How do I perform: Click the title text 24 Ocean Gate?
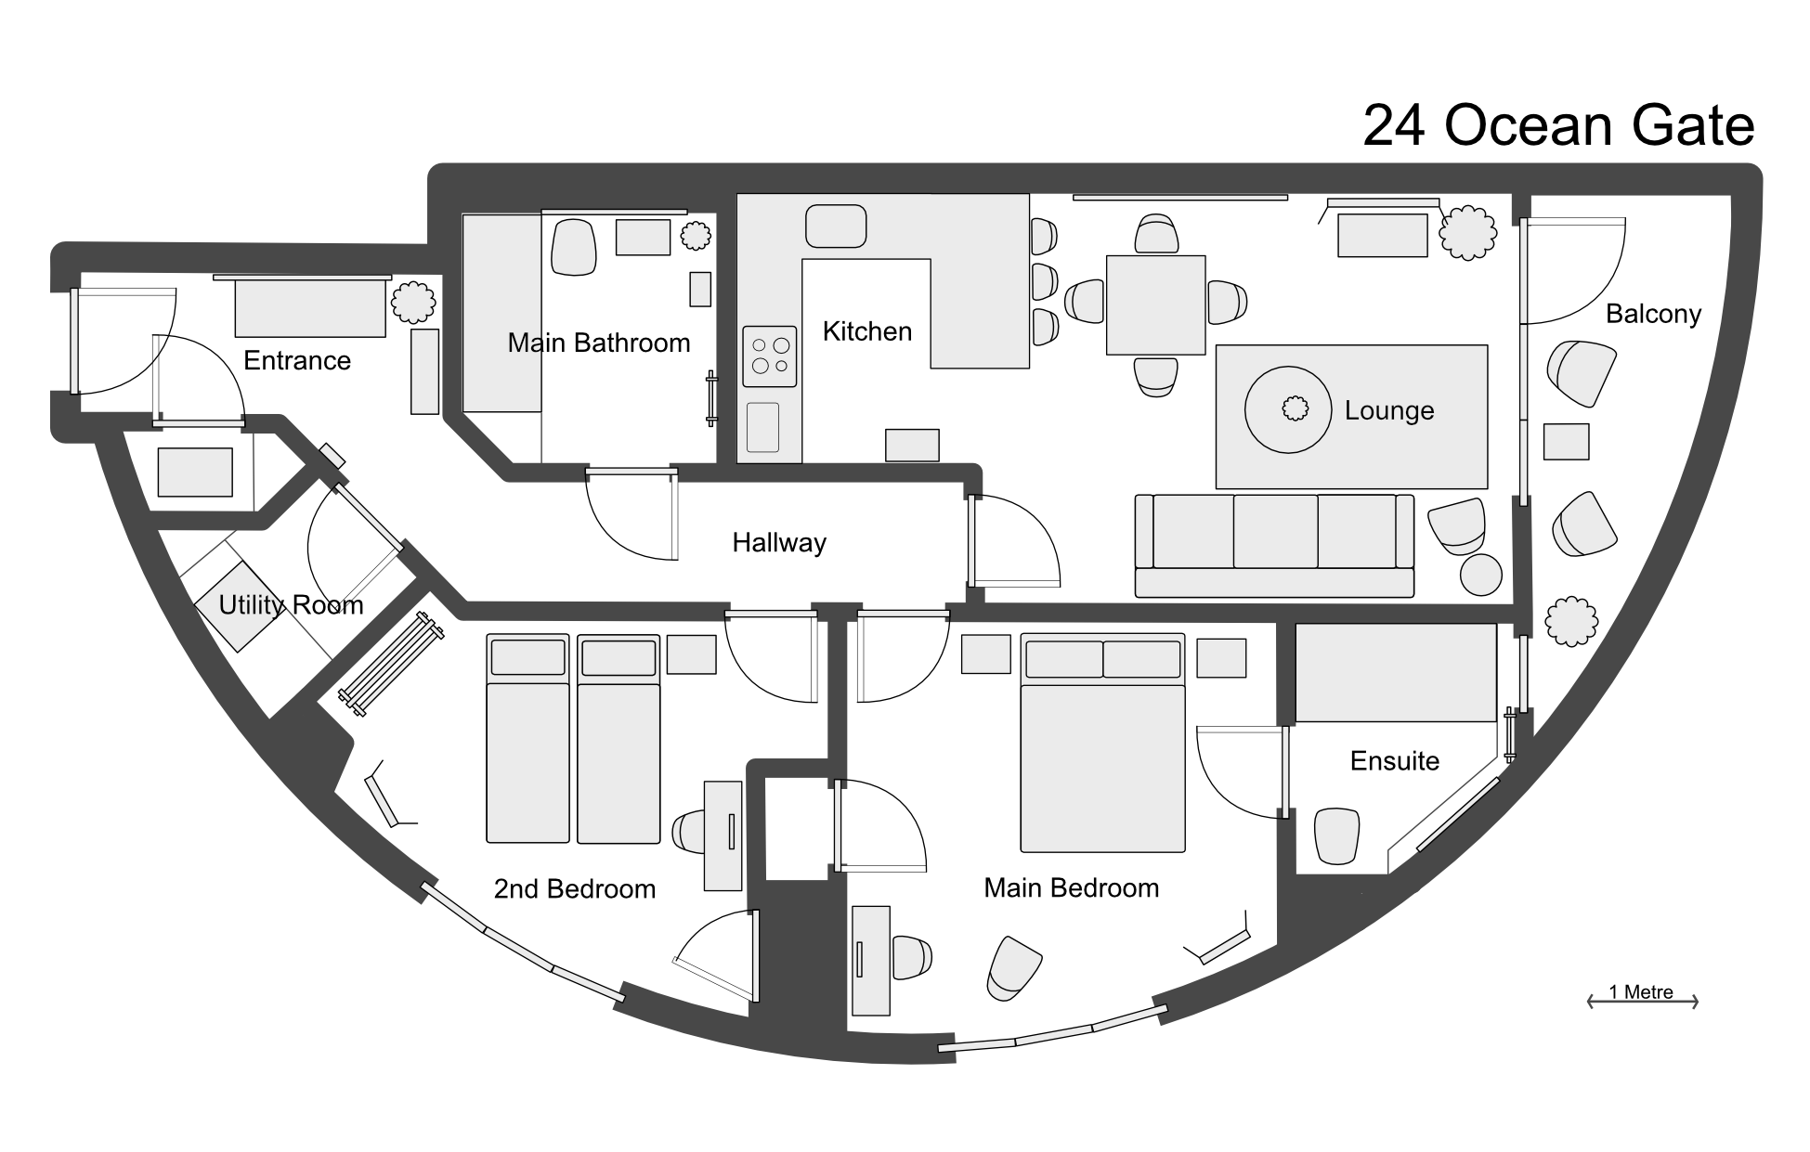pyautogui.click(x=1557, y=125)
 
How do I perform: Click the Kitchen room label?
pyautogui.click(x=866, y=331)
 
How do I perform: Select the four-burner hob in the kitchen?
pyautogui.click(x=769, y=356)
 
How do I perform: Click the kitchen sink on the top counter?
pyautogui.click(x=835, y=227)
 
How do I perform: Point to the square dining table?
pyautogui.click(x=1155, y=304)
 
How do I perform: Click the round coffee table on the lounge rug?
pyautogui.click(x=1289, y=409)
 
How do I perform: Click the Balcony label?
pyautogui.click(x=1653, y=314)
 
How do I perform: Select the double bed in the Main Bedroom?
pyautogui.click(x=1102, y=743)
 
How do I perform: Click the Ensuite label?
pyautogui.click(x=1394, y=761)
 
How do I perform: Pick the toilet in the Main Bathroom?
pyautogui.click(x=573, y=247)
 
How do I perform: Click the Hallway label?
pyautogui.click(x=778, y=542)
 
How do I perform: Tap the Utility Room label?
pyautogui.click(x=291, y=605)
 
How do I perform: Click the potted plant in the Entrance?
pyautogui.click(x=413, y=302)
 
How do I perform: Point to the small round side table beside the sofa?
pyautogui.click(x=1480, y=575)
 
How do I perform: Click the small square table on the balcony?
pyautogui.click(x=1566, y=442)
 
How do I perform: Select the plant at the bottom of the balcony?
pyautogui.click(x=1571, y=620)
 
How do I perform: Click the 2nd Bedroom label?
pyautogui.click(x=574, y=889)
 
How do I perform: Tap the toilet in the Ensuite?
pyautogui.click(x=1337, y=835)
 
